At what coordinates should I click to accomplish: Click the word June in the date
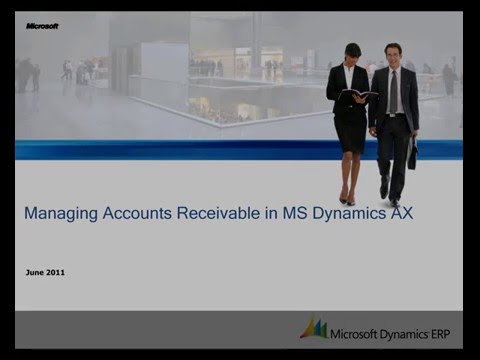tap(33, 272)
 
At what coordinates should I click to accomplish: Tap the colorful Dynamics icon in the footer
tap(314, 328)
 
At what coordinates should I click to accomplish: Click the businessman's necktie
tap(393, 92)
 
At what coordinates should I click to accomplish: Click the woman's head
tap(351, 53)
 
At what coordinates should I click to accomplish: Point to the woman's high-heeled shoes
tap(347, 197)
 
